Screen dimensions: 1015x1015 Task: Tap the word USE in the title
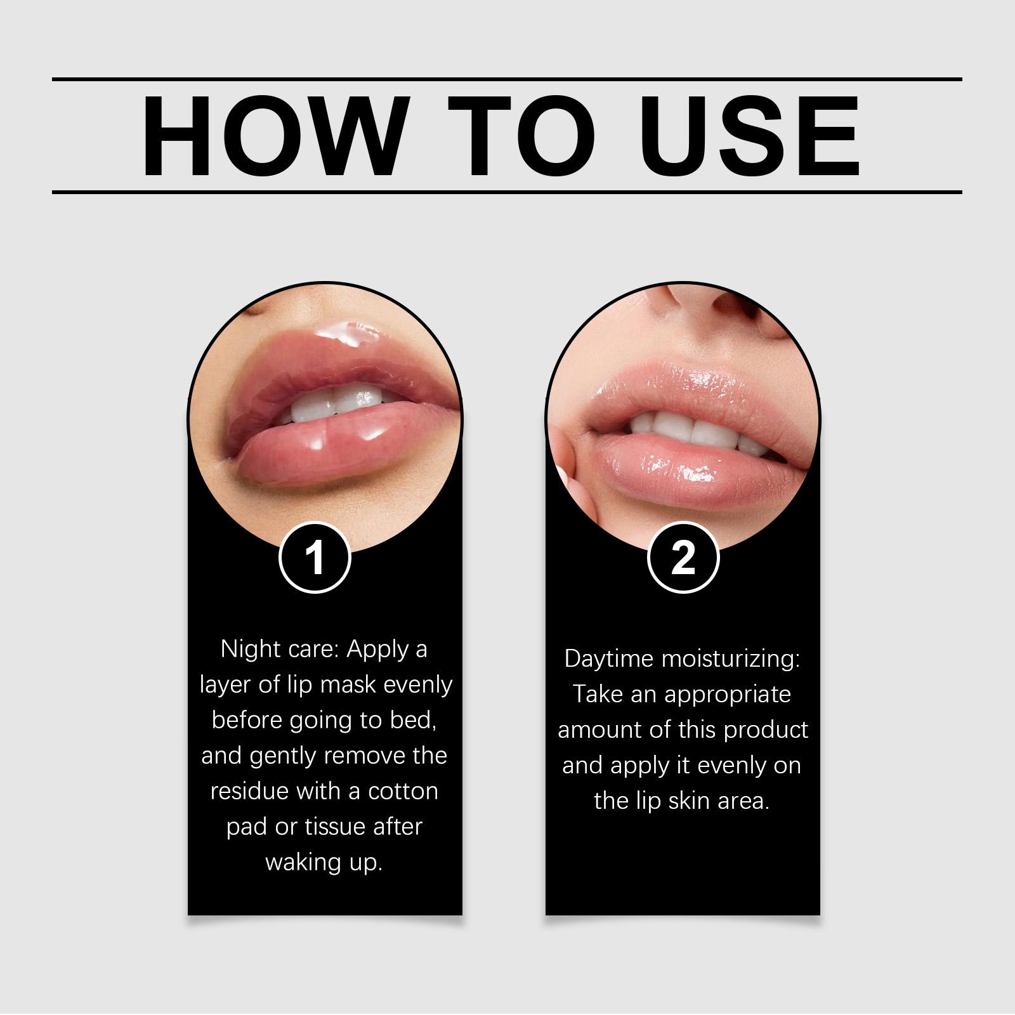(749, 136)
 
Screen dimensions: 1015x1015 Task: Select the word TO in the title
(521, 136)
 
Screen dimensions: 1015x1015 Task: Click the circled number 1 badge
(315, 559)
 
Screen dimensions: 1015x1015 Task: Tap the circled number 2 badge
(683, 559)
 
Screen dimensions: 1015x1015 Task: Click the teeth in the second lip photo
(688, 431)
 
